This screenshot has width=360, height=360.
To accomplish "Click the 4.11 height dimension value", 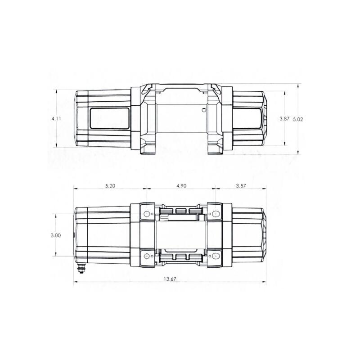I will click(56, 118).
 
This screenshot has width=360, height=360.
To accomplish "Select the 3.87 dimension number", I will click(284, 118).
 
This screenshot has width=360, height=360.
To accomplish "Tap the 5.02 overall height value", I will click(298, 119).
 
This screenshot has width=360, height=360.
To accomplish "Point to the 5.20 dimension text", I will click(109, 185).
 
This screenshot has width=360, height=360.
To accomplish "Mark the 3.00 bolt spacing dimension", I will click(56, 235).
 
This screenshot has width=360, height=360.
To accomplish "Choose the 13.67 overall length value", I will click(170, 279).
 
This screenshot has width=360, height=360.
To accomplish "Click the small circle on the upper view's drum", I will click(204, 110).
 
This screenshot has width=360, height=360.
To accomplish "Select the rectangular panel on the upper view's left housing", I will click(109, 118).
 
